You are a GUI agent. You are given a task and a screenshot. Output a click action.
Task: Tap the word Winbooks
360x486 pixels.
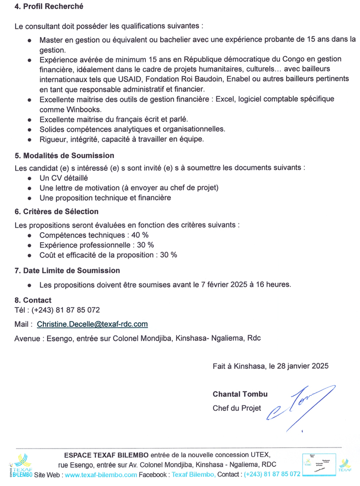86,109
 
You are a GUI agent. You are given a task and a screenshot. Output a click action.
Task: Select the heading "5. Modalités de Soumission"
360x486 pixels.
64,156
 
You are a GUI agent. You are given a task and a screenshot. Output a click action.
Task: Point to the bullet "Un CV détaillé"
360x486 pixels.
64,178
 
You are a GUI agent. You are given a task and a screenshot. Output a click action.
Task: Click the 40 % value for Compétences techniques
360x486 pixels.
139,235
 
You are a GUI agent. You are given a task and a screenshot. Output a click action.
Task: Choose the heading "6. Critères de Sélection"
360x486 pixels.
57,211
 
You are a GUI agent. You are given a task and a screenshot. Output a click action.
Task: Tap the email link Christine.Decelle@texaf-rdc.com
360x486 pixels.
92,324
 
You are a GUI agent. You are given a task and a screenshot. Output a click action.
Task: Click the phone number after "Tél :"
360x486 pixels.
66,310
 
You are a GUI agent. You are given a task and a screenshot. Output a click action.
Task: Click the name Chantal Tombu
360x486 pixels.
240,394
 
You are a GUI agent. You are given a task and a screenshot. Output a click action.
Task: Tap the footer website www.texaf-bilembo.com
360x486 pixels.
101,474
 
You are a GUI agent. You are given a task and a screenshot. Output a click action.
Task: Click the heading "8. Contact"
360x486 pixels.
33,300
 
